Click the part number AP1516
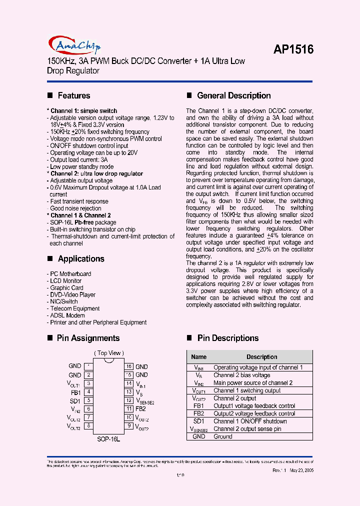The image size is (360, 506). pos(293,49)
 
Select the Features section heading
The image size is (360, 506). pos(73,95)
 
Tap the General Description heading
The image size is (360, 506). pos(233,95)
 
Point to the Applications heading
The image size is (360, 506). pos(80,258)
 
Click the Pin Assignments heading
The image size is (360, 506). pos(88,338)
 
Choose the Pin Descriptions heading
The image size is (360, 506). pos(227,338)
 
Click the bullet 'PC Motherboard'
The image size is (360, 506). pos(70,274)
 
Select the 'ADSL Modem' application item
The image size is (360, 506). pos(67,315)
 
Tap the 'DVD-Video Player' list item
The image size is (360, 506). pos(72,295)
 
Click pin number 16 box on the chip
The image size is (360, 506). pos(129,366)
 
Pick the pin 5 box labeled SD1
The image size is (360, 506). pos(88,400)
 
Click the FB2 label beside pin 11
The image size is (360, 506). pos(140,408)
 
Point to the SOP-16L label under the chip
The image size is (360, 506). pos(108,438)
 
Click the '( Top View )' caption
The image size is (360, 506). pos(108,353)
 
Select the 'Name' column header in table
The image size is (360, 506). pos(198,357)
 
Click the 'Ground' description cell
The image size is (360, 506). pos(223,436)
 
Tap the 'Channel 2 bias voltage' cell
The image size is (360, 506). pos(241,375)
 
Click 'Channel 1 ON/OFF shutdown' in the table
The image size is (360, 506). pos(250,421)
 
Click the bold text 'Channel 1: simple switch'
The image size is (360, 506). pos(82,111)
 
